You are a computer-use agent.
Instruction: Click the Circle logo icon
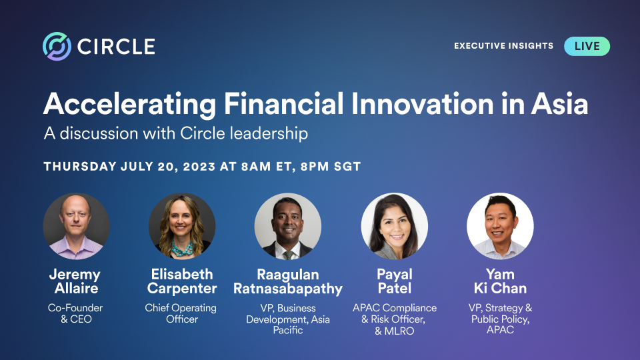pos(57,46)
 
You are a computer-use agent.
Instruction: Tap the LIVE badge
pos(587,46)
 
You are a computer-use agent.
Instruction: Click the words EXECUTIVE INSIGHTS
pos(504,46)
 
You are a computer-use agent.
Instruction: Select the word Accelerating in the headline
pos(129,105)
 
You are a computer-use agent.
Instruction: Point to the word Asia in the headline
pos(559,104)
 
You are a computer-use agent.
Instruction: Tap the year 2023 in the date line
pos(199,167)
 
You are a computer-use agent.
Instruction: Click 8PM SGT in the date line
pos(331,167)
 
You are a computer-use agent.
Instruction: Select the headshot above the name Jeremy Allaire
pos(76,226)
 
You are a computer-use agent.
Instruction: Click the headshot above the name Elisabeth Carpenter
pos(182,226)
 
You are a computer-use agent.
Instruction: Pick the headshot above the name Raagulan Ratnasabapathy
pos(288,226)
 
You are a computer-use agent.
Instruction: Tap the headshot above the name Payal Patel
pos(394,226)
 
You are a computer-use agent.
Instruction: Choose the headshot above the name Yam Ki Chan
pos(500,226)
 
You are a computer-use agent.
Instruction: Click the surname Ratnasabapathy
pos(288,289)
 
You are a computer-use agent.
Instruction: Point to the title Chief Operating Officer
pos(181,313)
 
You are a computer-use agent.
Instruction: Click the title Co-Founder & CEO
pos(75,313)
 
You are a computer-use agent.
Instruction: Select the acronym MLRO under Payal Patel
pos(399,331)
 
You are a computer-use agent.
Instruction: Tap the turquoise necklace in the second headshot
pos(182,248)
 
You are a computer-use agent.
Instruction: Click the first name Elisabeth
pos(182,274)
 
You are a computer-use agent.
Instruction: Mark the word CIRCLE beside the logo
pos(116,47)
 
